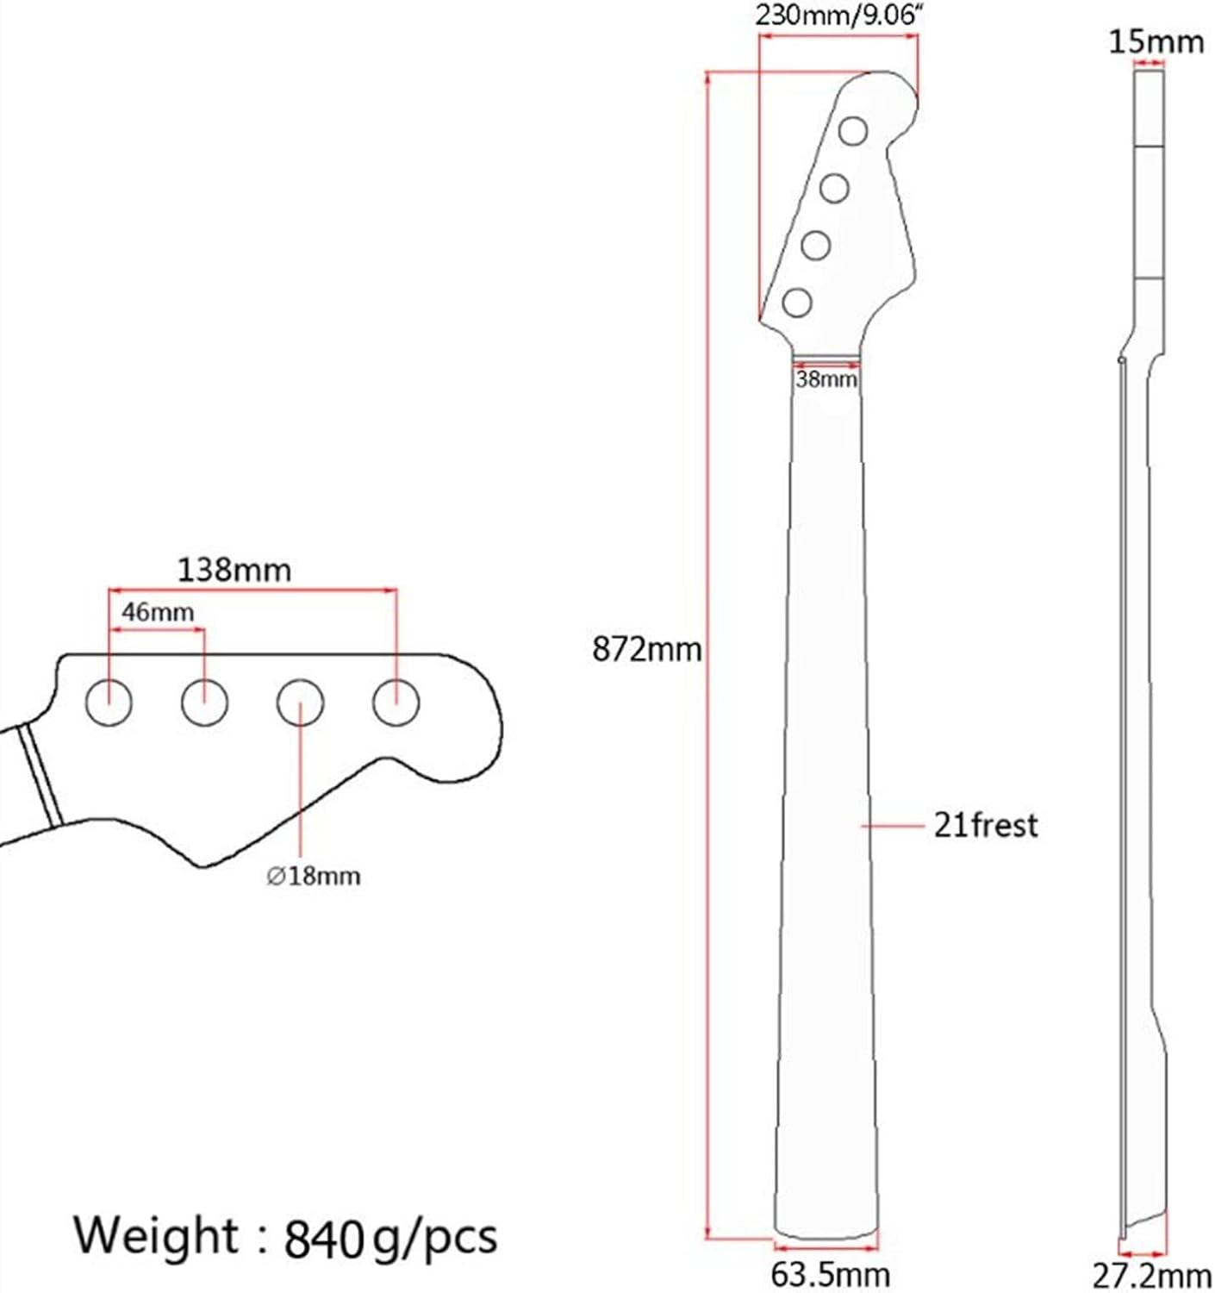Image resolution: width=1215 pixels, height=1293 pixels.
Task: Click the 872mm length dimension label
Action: coord(646,649)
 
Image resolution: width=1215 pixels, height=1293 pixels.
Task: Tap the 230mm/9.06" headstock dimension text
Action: coord(834,16)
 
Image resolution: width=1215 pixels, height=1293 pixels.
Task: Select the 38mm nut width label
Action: coord(826,379)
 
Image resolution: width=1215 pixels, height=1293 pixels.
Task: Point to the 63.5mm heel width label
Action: coord(829,1274)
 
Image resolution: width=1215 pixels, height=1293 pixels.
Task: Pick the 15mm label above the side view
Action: coord(1155,42)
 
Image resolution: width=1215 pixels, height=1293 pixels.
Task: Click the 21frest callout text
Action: coord(986,826)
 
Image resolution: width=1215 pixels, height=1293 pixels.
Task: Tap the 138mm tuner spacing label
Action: coord(234,570)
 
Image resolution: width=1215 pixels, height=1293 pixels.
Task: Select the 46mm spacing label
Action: coord(158,613)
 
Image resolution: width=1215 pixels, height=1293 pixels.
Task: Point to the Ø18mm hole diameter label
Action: coord(314,877)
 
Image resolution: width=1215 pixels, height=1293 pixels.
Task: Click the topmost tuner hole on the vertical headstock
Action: coord(854,131)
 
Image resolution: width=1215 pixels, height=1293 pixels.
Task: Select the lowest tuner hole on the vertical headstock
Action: coord(797,302)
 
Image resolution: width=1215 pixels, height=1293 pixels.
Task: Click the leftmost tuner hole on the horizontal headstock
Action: coord(109,702)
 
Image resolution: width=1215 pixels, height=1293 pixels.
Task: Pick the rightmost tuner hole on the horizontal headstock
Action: coord(396,702)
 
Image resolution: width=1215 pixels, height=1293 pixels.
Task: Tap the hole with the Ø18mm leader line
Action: coord(300,702)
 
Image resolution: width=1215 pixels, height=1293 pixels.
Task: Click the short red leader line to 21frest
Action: coord(892,826)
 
